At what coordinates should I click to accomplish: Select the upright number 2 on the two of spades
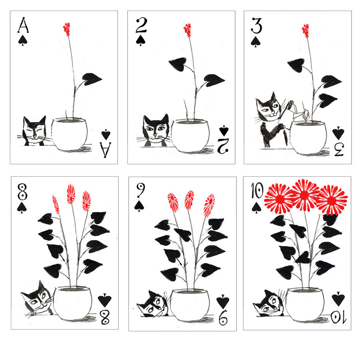[141, 26]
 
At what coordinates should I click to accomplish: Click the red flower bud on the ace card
[66, 29]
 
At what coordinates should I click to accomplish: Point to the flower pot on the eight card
[73, 302]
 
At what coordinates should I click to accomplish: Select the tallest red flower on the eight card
[71, 194]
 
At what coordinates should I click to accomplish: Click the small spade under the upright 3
[256, 41]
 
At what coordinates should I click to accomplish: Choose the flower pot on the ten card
[304, 304]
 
